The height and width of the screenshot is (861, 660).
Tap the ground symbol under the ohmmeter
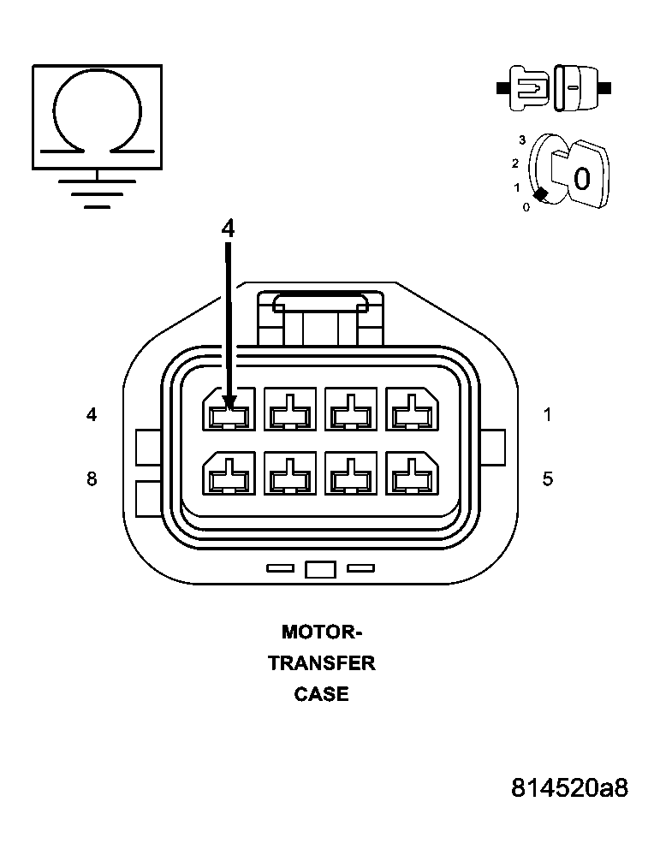(97, 193)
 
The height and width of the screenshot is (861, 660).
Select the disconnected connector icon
(553, 87)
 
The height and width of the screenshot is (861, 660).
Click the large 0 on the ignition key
(581, 179)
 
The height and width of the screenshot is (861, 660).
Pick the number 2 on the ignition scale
(515, 163)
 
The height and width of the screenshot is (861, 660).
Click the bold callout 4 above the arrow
(228, 228)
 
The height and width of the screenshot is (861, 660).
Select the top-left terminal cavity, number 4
(229, 409)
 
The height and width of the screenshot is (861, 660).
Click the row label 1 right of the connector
(548, 415)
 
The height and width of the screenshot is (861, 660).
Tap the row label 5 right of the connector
(548, 478)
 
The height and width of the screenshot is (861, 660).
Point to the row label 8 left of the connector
(92, 478)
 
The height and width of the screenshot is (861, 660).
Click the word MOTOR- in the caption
(322, 632)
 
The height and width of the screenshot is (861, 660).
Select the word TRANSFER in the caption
(322, 663)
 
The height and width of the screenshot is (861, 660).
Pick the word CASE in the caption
(322, 694)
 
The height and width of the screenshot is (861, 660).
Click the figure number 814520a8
(569, 787)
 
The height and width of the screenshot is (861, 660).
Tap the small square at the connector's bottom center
(319, 569)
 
